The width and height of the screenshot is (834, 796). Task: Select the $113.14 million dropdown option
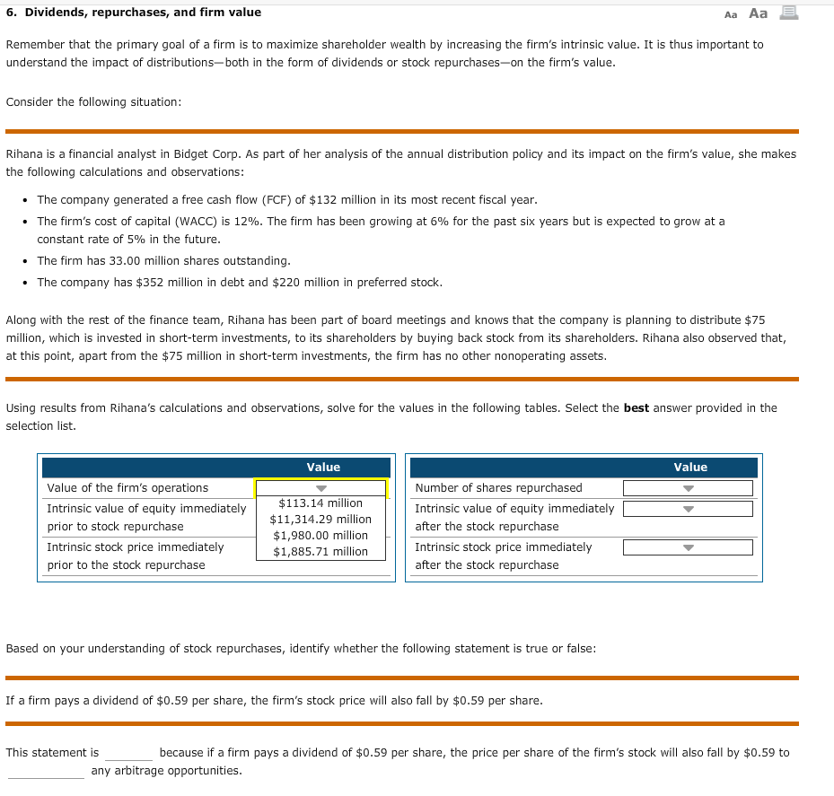coord(320,503)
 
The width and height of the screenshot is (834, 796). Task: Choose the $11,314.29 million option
coord(320,520)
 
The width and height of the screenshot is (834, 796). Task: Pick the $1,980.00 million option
coord(320,536)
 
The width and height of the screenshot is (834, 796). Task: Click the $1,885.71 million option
coord(320,552)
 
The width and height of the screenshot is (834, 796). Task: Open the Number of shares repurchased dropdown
coord(688,488)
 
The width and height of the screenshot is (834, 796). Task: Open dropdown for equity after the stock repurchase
coord(688,509)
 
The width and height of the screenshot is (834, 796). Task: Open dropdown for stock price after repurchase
coord(688,547)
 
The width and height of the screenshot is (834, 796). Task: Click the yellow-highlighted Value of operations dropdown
coord(320,488)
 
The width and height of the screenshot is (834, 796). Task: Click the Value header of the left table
coord(323,468)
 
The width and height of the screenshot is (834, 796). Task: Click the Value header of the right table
coord(690,468)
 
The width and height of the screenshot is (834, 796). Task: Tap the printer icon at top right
coord(791,13)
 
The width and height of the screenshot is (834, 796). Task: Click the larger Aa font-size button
coord(759,13)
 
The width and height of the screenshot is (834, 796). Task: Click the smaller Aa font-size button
coord(731,13)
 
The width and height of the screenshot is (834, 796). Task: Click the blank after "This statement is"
coord(128,754)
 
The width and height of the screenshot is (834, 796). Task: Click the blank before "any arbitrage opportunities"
coord(46,772)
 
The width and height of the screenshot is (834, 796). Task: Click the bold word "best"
coord(636,408)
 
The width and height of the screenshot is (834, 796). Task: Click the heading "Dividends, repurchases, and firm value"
coord(140,13)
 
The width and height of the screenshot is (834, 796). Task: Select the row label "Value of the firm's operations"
coord(127,488)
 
